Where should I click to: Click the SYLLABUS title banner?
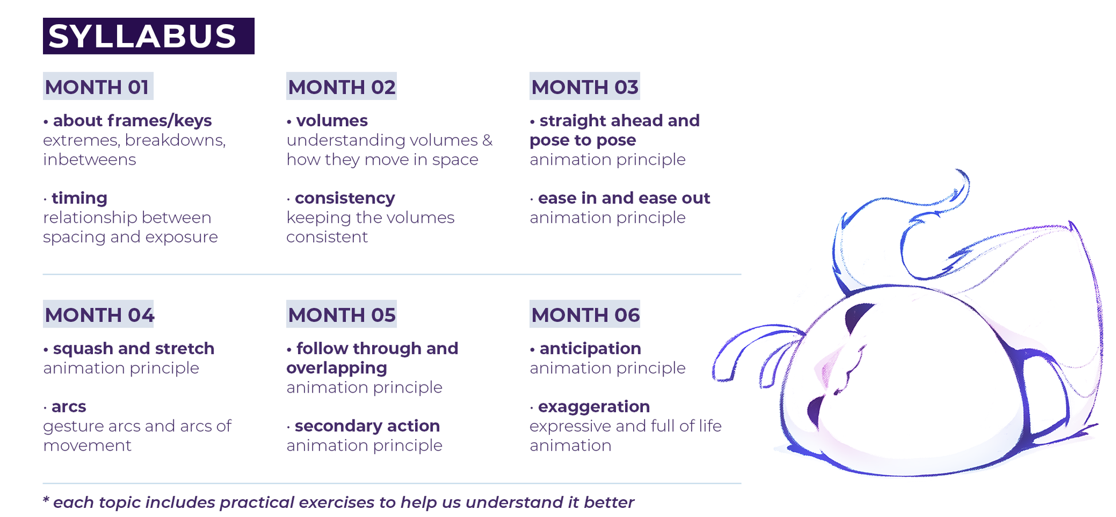click(149, 36)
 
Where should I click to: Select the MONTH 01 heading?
click(98, 87)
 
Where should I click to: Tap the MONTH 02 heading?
click(342, 87)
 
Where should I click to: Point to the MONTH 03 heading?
click(585, 87)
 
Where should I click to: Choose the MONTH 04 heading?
click(99, 314)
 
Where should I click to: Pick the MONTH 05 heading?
click(342, 314)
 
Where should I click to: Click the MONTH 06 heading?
click(585, 314)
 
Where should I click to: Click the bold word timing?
click(80, 199)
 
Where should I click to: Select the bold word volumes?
click(332, 120)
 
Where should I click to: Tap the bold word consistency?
click(345, 199)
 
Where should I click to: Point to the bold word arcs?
click(69, 407)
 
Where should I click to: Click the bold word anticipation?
click(590, 349)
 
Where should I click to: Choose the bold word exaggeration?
click(594, 407)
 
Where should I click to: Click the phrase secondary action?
click(367, 426)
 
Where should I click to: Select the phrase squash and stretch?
click(134, 349)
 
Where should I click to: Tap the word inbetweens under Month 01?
click(89, 160)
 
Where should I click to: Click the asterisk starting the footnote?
click(46, 499)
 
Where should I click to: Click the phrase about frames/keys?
click(132, 121)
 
